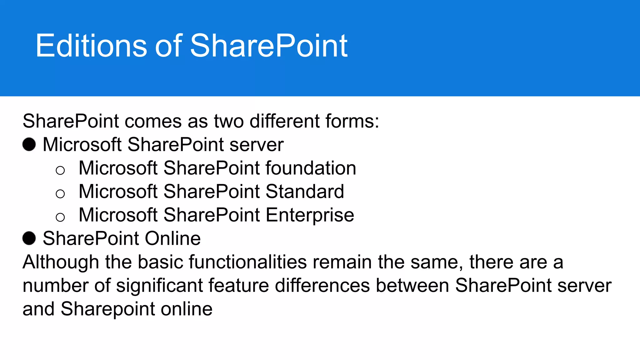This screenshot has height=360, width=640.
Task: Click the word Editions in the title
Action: point(91,46)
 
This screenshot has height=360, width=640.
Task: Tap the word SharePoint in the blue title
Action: point(268,46)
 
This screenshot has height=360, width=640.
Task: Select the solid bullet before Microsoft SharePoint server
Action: point(29,144)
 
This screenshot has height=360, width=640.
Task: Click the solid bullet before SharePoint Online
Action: point(29,238)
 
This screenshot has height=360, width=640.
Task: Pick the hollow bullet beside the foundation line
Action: point(60,170)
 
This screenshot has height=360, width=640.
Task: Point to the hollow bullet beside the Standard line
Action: point(60,194)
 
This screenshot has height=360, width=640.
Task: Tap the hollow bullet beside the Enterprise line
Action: point(60,217)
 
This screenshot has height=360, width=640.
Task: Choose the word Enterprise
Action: point(310,215)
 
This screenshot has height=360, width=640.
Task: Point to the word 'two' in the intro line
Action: point(228,121)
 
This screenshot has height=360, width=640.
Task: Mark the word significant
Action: point(159,286)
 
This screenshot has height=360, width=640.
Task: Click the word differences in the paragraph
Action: point(322,286)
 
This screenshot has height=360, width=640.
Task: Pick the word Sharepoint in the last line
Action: point(108,309)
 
